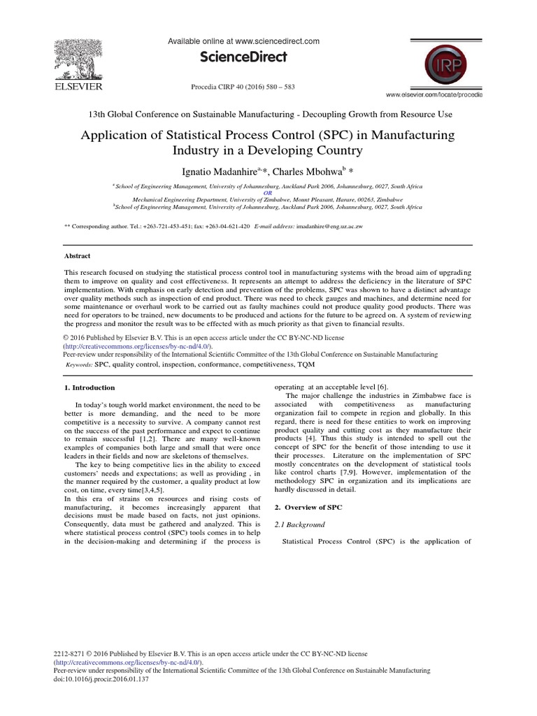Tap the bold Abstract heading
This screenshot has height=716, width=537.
click(77, 257)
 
